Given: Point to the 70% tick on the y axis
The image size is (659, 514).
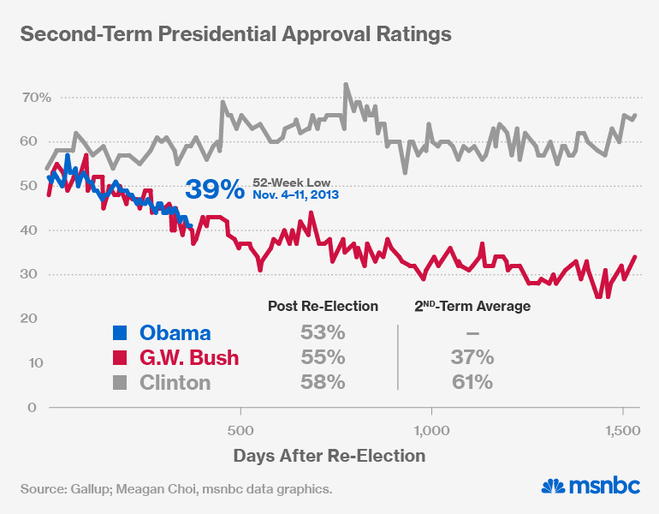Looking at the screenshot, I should click(37, 98).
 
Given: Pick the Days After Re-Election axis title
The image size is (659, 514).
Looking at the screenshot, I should click(329, 455).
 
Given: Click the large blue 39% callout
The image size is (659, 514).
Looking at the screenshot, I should click(216, 189).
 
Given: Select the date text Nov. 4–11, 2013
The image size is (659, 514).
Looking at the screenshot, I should click(296, 195).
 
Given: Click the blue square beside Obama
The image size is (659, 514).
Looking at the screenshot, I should click(122, 333).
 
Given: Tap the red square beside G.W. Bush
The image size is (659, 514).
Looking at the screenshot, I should click(122, 357).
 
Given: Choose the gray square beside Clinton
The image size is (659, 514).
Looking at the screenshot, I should click(122, 382).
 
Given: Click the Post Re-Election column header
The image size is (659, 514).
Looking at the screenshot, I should click(323, 306).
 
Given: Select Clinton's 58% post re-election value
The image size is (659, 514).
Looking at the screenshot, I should click(323, 382).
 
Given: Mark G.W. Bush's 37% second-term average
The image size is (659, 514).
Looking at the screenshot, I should click(472, 357).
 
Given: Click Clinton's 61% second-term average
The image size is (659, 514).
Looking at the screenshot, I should click(472, 382).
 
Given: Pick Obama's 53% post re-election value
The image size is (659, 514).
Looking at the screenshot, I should click(323, 333).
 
